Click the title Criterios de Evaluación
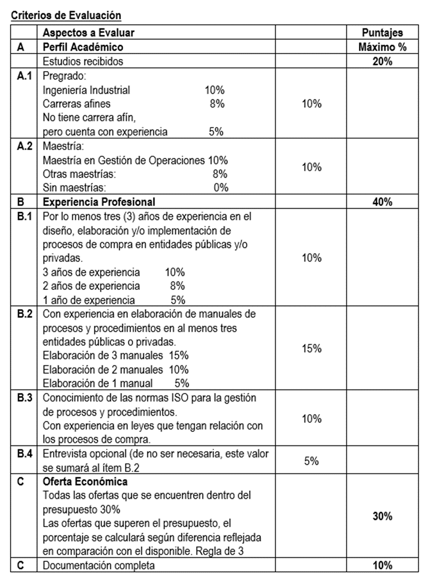66,16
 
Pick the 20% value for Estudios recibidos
383,62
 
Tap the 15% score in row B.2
311,349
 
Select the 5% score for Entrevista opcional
311,461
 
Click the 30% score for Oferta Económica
383,517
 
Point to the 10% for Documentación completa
383,565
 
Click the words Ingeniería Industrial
86,91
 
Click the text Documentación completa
99,565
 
